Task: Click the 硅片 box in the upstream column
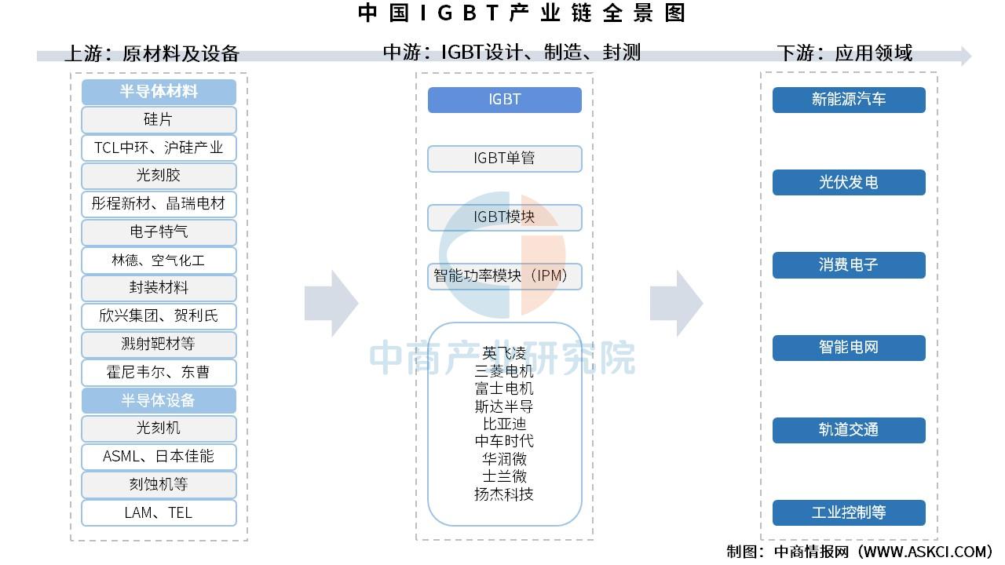tap(159, 120)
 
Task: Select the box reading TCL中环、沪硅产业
tap(159, 148)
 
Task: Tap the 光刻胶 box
tap(159, 176)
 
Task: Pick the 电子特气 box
tap(159, 231)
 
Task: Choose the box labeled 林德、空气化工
tap(159, 260)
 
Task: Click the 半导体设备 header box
tap(159, 400)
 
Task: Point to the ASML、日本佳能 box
tap(159, 457)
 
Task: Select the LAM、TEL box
tap(159, 512)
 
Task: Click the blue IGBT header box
tap(505, 100)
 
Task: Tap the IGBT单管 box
tap(505, 159)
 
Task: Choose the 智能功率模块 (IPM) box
tap(505, 276)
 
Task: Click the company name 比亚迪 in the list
tap(504, 424)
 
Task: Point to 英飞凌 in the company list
tap(504, 353)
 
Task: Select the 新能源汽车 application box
tap(849, 100)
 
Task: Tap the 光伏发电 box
tap(849, 182)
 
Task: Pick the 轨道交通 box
tap(849, 430)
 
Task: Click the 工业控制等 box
tap(849, 512)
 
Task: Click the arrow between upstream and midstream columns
tap(331, 304)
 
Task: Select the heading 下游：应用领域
tap(844, 53)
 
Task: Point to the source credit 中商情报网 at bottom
tap(812, 552)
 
